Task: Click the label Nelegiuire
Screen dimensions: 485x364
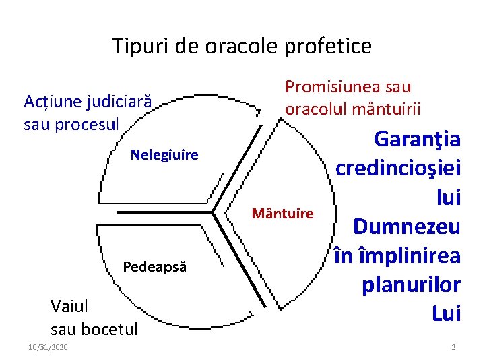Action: (x=164, y=155)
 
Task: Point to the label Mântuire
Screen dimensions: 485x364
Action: (x=282, y=214)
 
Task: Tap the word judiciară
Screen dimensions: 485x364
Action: (x=121, y=102)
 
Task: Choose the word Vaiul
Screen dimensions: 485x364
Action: (x=69, y=307)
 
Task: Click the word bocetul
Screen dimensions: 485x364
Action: (x=109, y=329)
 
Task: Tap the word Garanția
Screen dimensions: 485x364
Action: (x=417, y=140)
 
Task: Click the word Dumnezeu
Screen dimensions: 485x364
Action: (x=407, y=226)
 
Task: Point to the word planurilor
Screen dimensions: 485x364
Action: (x=411, y=284)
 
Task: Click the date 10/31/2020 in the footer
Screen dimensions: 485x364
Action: (x=48, y=346)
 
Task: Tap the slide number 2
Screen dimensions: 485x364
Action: (x=453, y=346)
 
